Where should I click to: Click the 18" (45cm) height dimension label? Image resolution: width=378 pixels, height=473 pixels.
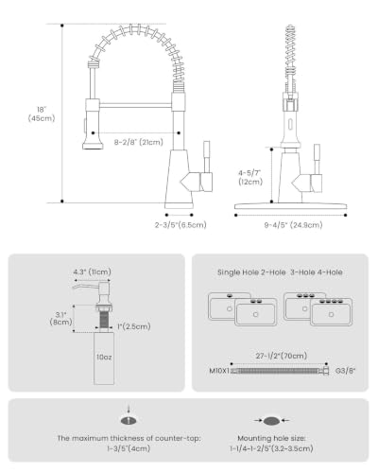pyautogui.click(x=42, y=114)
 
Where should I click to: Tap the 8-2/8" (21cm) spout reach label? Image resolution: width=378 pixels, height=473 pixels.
pyautogui.click(x=139, y=142)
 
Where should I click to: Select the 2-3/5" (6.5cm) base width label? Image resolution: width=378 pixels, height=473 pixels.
pyautogui.click(x=180, y=225)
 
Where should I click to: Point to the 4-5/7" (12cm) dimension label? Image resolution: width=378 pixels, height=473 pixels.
pyautogui.click(x=250, y=177)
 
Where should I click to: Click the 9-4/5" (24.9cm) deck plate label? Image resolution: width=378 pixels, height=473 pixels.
pyautogui.click(x=293, y=225)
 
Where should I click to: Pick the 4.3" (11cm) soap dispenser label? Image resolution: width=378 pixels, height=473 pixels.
pyautogui.click(x=92, y=272)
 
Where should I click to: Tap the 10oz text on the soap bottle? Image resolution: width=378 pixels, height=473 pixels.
pyautogui.click(x=104, y=357)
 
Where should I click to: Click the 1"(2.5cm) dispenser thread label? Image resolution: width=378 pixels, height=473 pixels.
pyautogui.click(x=134, y=326)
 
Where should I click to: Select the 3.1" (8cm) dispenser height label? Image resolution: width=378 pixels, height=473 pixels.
pyautogui.click(x=60, y=318)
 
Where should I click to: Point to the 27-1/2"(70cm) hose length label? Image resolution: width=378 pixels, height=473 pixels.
pyautogui.click(x=282, y=356)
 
